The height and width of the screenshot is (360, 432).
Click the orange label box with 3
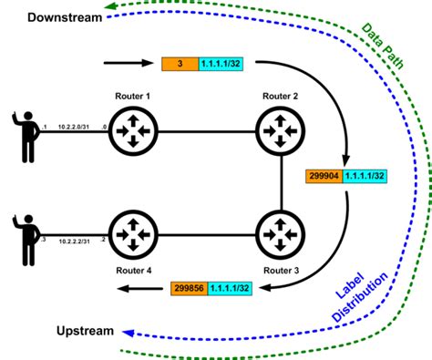180,65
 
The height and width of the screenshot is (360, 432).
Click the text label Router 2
278,95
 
